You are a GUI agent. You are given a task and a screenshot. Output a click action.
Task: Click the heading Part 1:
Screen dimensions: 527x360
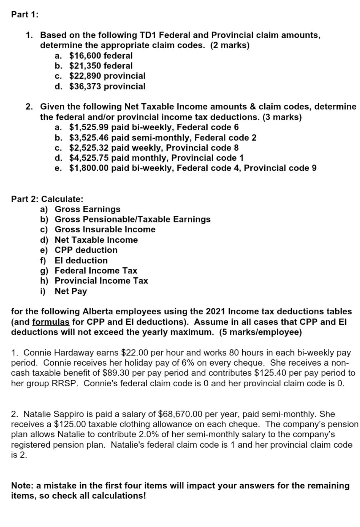[25, 14]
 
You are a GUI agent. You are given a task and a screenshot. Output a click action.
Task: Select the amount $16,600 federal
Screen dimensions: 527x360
[101, 55]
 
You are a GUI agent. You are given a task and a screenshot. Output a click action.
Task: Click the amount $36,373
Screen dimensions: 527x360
[85, 86]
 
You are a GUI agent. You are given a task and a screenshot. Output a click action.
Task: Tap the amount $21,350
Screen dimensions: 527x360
[85, 66]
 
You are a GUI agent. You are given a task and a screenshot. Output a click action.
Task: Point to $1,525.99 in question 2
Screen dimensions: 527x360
[89, 127]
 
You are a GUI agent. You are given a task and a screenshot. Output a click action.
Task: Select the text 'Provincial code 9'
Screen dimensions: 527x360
[280, 168]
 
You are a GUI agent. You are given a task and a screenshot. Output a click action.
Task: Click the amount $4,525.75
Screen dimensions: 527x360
[89, 158]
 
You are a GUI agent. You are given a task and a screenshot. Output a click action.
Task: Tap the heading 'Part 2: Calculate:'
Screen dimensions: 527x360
[47, 199]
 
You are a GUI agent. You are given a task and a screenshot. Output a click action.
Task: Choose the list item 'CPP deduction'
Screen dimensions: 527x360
[86, 250]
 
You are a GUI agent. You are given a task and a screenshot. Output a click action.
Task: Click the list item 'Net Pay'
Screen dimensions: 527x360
[71, 291]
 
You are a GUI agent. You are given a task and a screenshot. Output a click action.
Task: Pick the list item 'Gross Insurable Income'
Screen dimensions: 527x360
[105, 229]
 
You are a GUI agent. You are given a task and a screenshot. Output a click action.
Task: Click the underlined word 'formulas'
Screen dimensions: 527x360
[51, 322]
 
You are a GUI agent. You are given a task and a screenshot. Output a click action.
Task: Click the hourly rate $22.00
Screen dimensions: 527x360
[133, 353]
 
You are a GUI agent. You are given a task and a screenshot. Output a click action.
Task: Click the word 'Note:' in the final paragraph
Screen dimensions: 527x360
[22, 486]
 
